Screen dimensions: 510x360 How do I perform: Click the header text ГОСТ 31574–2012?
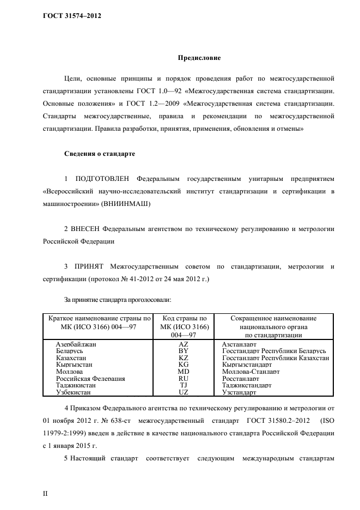(72, 16)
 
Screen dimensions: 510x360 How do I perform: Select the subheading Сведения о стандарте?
(100, 154)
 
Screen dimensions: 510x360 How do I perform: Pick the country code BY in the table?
(183, 351)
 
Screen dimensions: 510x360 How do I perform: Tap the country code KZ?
(183, 358)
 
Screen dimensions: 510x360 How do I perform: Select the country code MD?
(183, 372)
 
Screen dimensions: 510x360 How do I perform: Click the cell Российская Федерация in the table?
(90, 378)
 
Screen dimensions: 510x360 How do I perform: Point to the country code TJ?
(183, 385)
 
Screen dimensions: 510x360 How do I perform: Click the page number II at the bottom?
(46, 494)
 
